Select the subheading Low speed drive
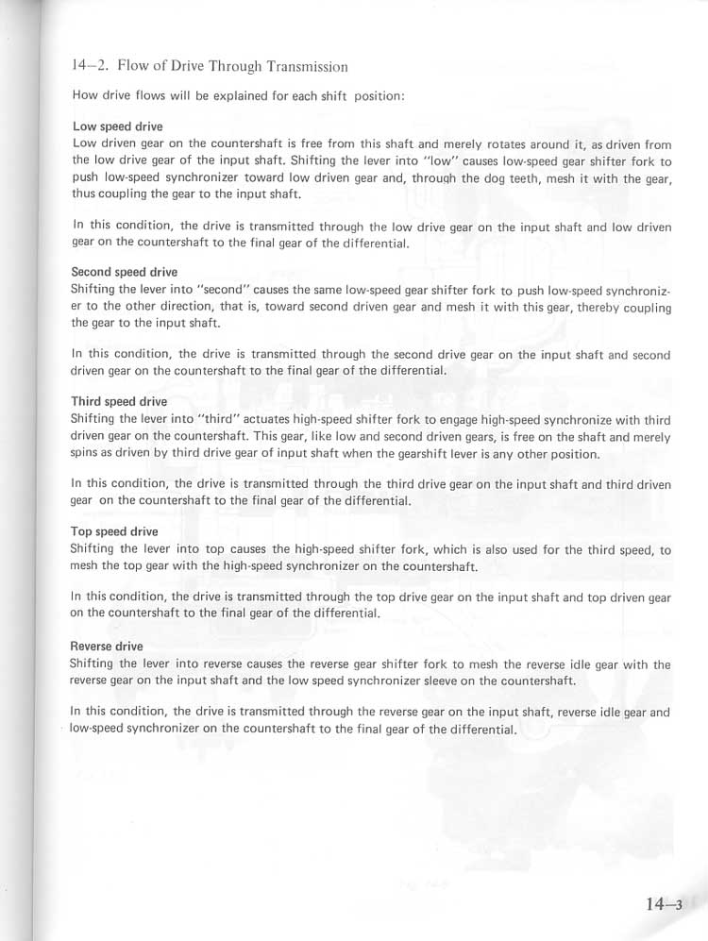pyautogui.click(x=117, y=126)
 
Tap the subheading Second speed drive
pyautogui.click(x=124, y=272)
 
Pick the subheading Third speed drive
pyautogui.click(x=119, y=401)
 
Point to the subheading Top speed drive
pyautogui.click(x=114, y=531)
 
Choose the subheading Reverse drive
pyautogui.click(x=107, y=647)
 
